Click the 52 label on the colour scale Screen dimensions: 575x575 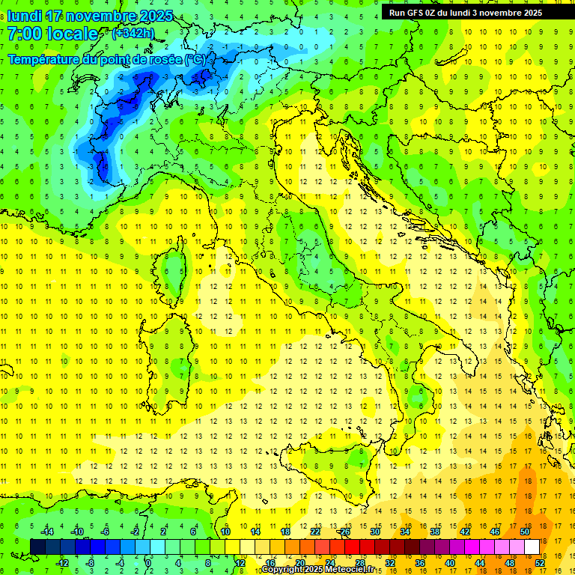540,563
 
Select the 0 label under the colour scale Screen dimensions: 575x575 148,563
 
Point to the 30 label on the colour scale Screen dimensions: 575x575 375,532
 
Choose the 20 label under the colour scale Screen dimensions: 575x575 300,563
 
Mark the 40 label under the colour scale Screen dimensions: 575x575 450,563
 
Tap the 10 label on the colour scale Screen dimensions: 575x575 225,532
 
